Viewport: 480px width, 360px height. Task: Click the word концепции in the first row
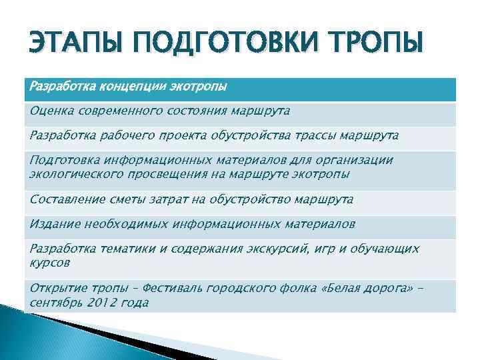click(129, 87)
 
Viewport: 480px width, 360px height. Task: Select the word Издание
click(52, 225)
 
